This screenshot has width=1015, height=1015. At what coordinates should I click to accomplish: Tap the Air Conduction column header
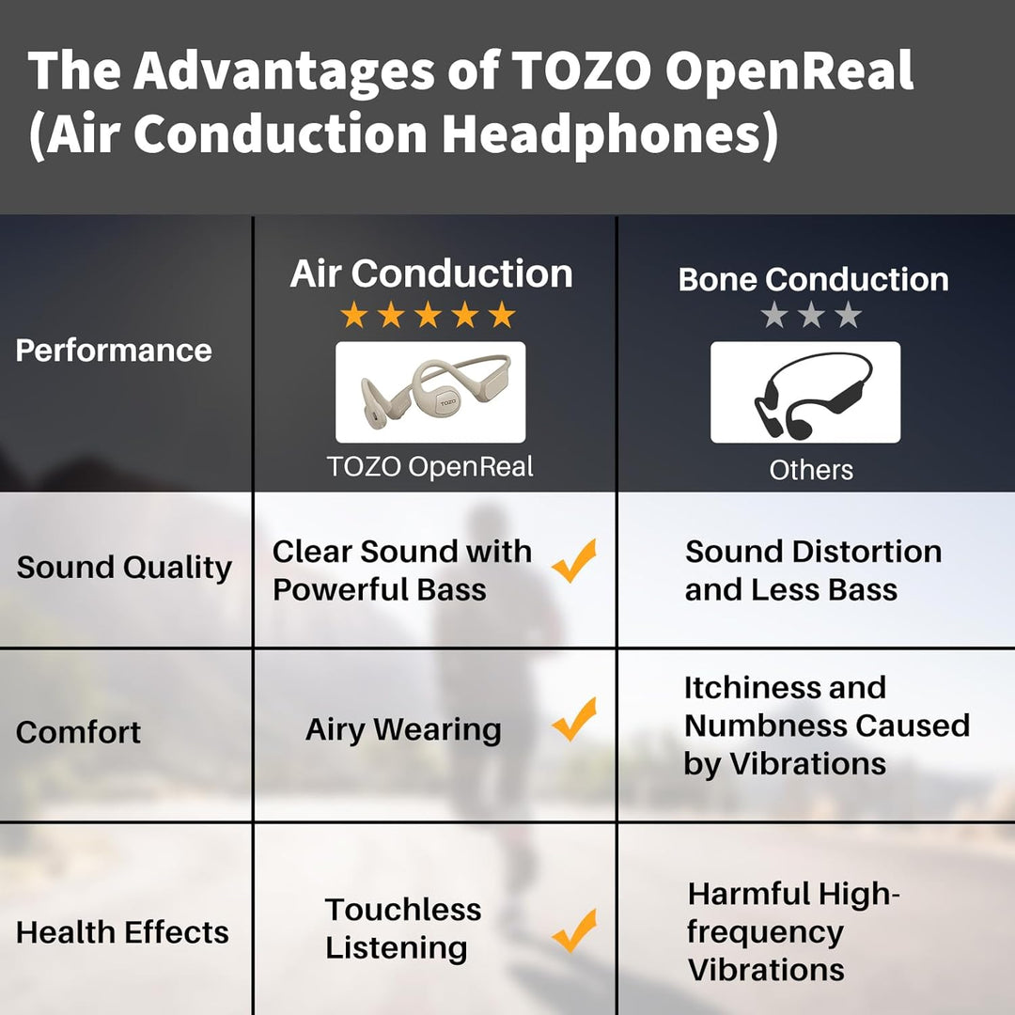pyautogui.click(x=431, y=273)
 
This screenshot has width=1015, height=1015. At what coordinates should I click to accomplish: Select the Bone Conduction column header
pyautogui.click(x=813, y=279)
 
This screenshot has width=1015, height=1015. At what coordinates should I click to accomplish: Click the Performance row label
pyautogui.click(x=114, y=351)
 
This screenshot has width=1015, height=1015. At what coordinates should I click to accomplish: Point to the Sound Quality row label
pyautogui.click(x=124, y=568)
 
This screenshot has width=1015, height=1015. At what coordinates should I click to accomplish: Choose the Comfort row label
pyautogui.click(x=79, y=732)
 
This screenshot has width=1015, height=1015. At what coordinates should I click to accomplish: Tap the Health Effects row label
pyautogui.click(x=123, y=932)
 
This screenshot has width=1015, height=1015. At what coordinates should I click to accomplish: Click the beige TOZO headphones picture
pyautogui.click(x=430, y=392)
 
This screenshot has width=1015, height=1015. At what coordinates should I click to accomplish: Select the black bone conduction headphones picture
pyautogui.click(x=805, y=392)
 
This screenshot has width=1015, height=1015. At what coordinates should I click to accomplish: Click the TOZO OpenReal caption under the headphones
pyautogui.click(x=430, y=466)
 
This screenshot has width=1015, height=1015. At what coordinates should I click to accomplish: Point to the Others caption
pyautogui.click(x=811, y=470)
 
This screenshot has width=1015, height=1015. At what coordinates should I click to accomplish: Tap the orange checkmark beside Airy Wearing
pyautogui.click(x=574, y=720)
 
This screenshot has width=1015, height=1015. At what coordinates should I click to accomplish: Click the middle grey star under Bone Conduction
pyautogui.click(x=811, y=315)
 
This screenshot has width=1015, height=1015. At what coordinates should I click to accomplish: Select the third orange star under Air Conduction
pyautogui.click(x=428, y=315)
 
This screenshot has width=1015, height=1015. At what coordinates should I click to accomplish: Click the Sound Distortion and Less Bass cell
pyautogui.click(x=813, y=570)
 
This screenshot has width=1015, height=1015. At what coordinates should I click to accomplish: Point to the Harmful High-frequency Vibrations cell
pyautogui.click(x=794, y=931)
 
